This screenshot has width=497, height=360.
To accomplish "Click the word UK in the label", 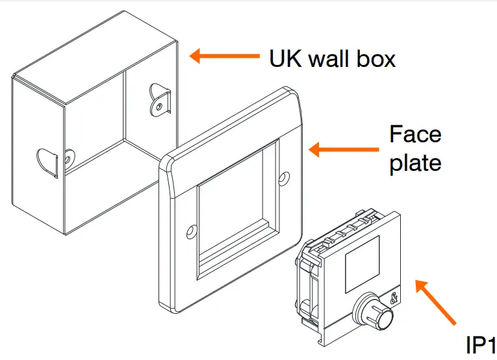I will (x=284, y=59).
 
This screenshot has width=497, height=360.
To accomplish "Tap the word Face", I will (x=414, y=135).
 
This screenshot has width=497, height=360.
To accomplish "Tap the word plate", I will (x=415, y=162).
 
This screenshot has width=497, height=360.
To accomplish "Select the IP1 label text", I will (x=481, y=345).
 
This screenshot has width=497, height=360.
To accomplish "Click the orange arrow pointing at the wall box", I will (x=223, y=57).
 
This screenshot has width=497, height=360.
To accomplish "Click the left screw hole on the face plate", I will (x=191, y=231).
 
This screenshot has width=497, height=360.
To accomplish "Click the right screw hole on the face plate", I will (x=284, y=176).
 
